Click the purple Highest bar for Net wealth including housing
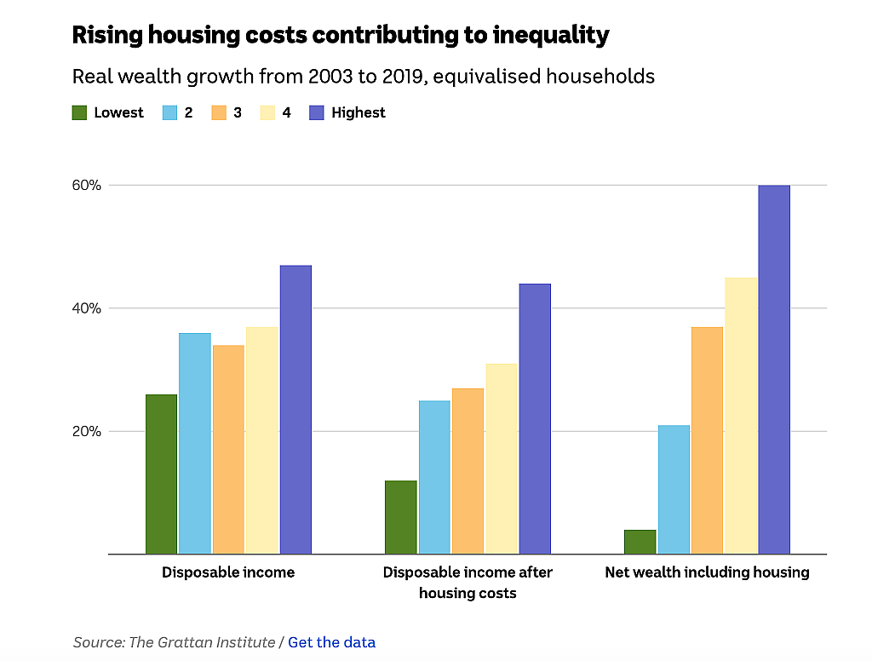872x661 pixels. point(774,370)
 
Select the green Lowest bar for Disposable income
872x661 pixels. point(161,474)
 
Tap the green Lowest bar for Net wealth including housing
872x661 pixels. point(640,542)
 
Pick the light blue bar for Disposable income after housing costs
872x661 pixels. point(434,477)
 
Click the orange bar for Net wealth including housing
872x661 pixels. point(708,440)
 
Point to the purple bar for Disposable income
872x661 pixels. point(295,410)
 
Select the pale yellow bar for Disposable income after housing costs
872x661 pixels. point(502,459)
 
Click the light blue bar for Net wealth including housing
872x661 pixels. point(674,490)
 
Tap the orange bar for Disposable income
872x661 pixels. point(228,450)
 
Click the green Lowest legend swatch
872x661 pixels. point(79,113)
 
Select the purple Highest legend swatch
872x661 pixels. point(317,113)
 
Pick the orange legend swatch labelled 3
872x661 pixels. point(219,113)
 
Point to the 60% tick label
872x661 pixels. point(87,186)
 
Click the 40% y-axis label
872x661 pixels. point(87,308)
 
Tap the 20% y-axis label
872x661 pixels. point(87,431)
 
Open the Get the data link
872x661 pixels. point(331,642)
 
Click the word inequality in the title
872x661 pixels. point(551,35)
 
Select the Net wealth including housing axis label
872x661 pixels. point(708,572)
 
